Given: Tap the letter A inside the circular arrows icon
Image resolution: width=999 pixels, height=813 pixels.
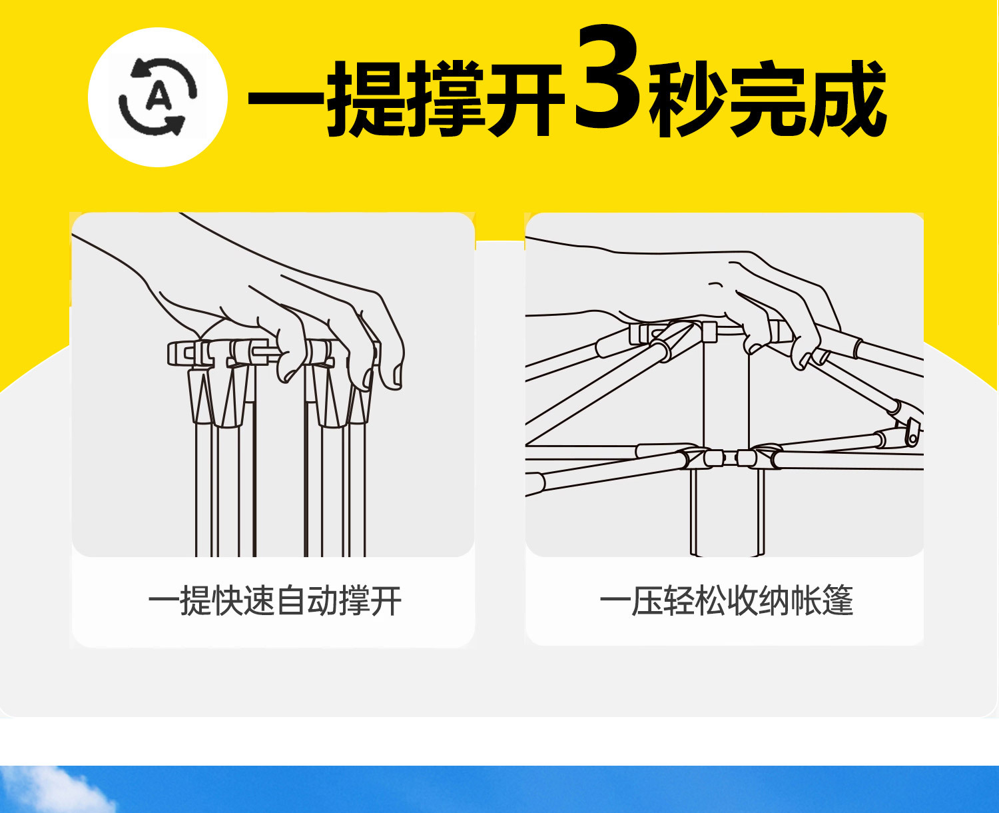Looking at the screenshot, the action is tap(159, 97).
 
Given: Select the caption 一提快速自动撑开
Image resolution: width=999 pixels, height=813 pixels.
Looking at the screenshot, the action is tap(274, 601).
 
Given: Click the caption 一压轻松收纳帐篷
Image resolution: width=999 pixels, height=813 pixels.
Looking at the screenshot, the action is tap(726, 601).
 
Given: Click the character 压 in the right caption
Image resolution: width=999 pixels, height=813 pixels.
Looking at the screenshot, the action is tap(646, 601).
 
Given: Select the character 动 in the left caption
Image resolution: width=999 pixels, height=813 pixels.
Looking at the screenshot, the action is tap(323, 601).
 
